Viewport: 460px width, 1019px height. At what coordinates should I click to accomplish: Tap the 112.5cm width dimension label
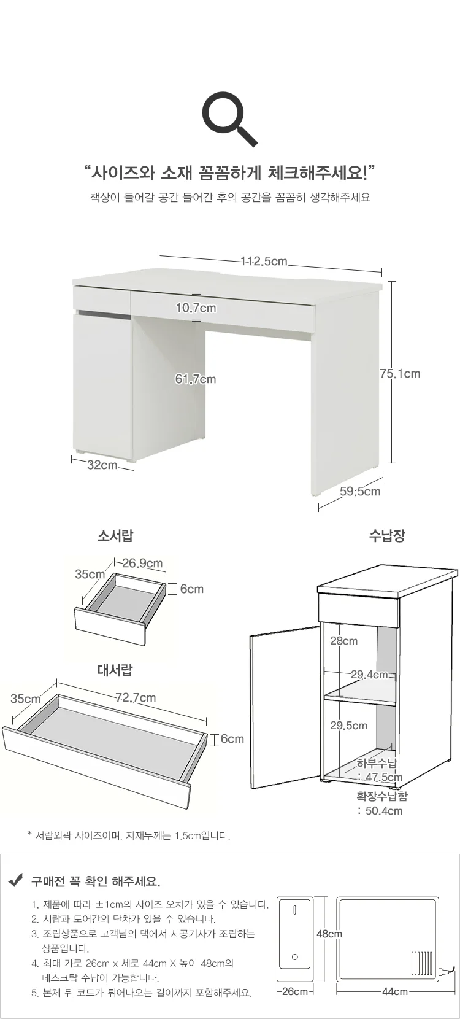[264, 261]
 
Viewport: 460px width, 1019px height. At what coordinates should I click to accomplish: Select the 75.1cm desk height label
[400, 373]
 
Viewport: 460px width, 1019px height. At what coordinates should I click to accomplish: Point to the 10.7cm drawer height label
[196, 308]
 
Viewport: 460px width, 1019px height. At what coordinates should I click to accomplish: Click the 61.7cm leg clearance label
[196, 379]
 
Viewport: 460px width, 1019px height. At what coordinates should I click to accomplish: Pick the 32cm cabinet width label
[102, 465]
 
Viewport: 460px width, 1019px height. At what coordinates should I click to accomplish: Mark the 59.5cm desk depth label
[360, 491]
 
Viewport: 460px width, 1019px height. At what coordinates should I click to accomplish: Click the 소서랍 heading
[115, 536]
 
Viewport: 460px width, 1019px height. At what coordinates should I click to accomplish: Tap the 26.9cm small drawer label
[142, 563]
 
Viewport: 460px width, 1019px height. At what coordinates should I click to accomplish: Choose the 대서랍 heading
[115, 670]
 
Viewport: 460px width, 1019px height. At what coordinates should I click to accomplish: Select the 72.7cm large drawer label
[136, 698]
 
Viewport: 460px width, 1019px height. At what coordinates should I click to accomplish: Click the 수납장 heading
[387, 536]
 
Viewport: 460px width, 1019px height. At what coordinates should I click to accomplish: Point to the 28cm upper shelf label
[343, 641]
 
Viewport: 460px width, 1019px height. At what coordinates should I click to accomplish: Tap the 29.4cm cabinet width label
[370, 674]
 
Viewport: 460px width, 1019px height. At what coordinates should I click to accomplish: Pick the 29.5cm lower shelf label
[348, 726]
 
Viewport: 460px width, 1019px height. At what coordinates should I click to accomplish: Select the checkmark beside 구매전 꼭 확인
[16, 881]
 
